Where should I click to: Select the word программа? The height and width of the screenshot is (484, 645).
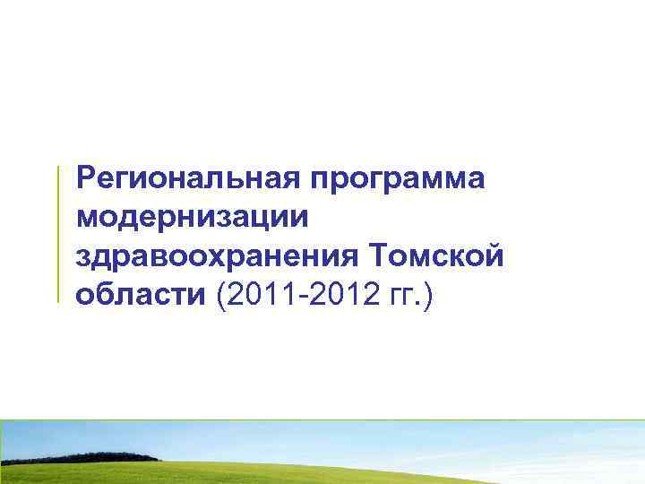[399, 178]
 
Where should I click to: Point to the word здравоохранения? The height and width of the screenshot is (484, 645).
[216, 256]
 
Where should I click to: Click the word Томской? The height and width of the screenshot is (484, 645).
[436, 256]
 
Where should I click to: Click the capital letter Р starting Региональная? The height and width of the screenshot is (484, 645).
[86, 177]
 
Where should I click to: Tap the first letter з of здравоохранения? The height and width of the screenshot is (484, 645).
[84, 258]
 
